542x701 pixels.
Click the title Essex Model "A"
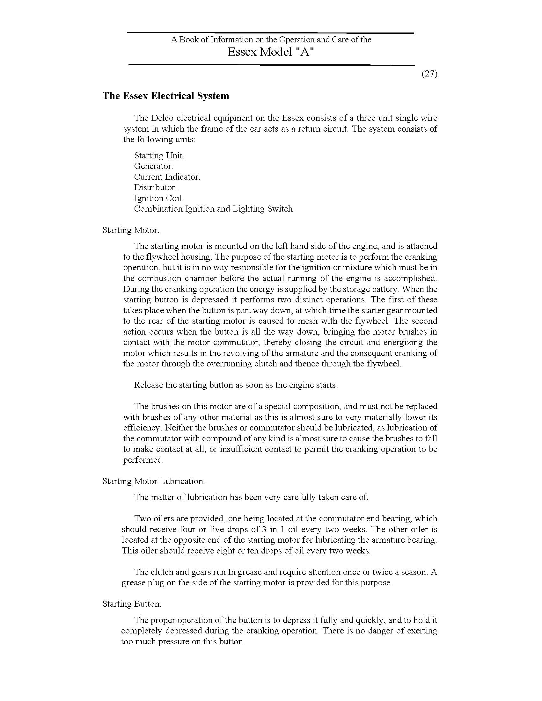coord(271,52)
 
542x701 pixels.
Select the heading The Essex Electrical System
coord(166,96)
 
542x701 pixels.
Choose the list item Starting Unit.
coord(159,156)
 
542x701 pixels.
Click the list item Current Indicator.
coord(167,177)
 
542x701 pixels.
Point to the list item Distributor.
coord(155,187)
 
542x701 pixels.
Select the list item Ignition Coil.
coord(159,199)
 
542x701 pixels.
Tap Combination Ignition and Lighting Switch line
coord(214,209)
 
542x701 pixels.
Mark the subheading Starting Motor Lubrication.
coord(153,481)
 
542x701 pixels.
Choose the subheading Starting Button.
coord(132,604)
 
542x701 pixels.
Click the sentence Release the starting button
coord(236,385)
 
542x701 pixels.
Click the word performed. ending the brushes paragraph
coord(143,459)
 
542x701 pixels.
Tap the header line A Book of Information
coord(271,40)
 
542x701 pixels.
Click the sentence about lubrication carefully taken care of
coord(251,497)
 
